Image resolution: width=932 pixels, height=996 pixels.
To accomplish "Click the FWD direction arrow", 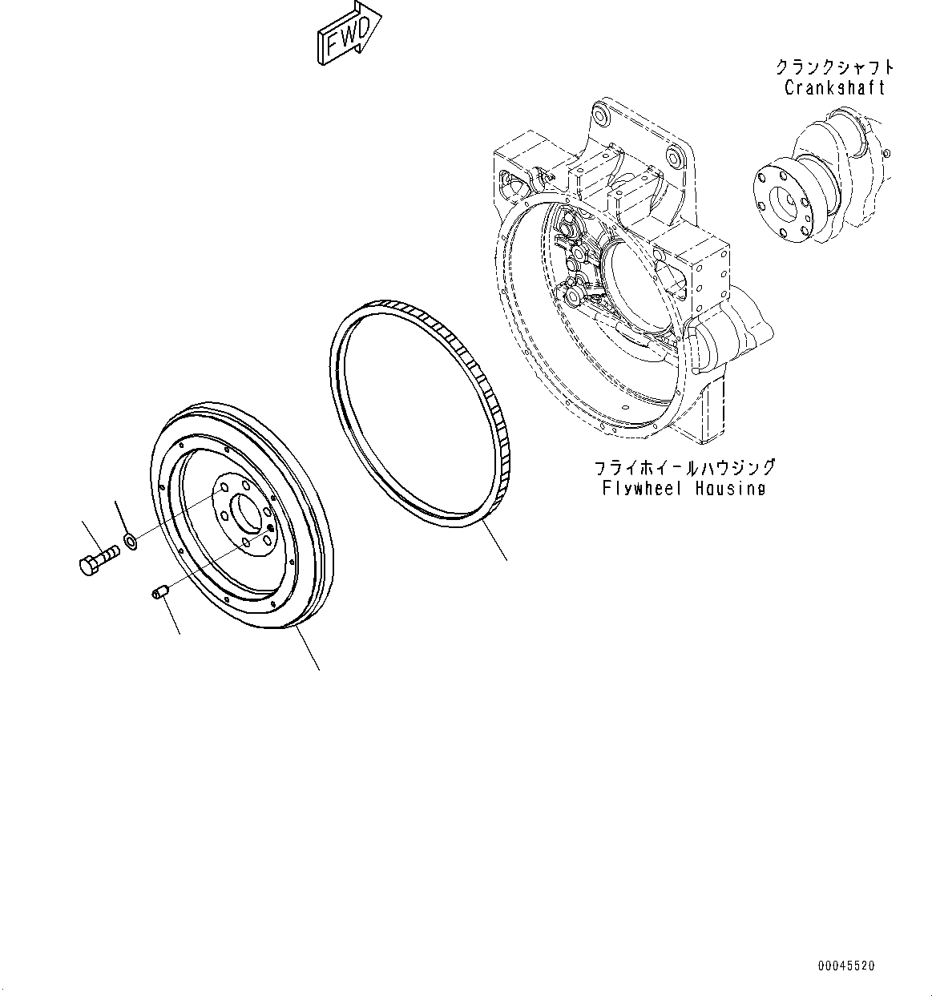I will tap(348, 34).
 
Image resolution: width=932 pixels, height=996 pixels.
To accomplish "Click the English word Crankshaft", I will tap(834, 88).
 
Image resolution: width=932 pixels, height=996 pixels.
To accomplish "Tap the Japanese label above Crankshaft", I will tap(834, 67).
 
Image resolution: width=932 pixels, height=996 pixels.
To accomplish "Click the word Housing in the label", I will tap(731, 488).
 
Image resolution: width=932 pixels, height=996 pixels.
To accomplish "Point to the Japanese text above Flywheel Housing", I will tap(684, 467).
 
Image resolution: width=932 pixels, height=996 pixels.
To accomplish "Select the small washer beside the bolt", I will tap(131, 542).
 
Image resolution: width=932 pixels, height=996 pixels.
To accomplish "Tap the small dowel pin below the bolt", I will tap(158, 594).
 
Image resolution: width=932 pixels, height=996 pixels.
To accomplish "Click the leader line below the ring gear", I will tap(495, 542).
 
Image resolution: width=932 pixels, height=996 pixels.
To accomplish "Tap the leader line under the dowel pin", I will tap(171, 617).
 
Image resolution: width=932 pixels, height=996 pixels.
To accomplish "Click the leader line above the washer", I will tap(122, 516).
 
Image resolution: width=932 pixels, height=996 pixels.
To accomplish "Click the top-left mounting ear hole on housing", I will tap(602, 119).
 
